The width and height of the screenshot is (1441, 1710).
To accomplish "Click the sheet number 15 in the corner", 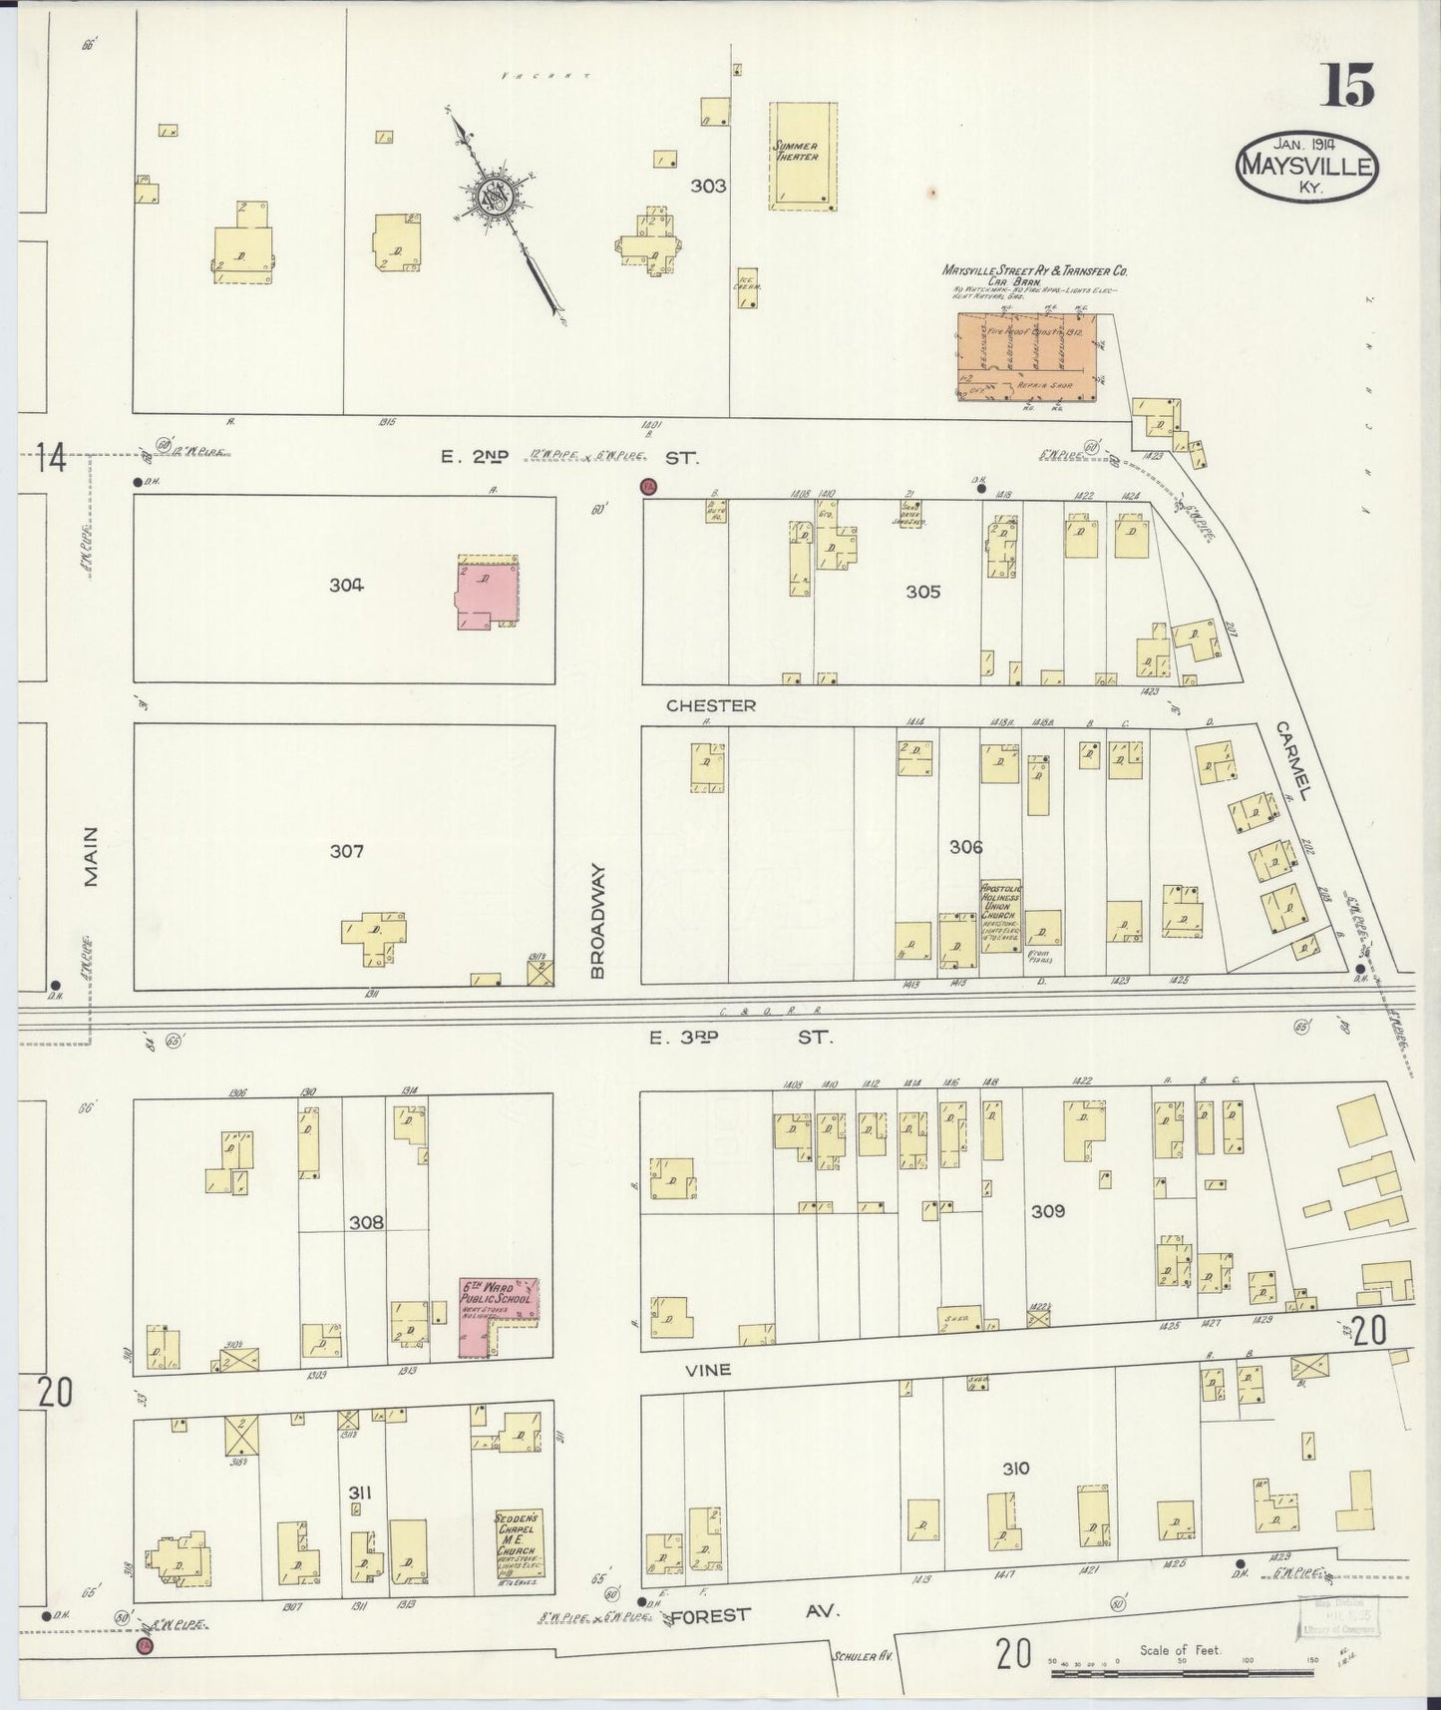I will coord(1347,86).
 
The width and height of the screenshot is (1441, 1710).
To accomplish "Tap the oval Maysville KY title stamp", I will coord(1307,166).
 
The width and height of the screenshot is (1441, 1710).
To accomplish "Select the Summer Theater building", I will coord(802,157).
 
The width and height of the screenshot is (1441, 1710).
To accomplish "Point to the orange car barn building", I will coord(1027,357).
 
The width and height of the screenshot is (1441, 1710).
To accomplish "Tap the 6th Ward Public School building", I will coord(498,1315).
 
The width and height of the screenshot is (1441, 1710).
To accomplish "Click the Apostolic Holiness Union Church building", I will coord(1000,914).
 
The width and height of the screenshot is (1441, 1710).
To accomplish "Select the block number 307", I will coord(346,851).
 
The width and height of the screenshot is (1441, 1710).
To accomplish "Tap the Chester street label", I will coord(710,705).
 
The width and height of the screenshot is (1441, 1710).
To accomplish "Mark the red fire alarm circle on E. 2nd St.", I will coord(648,487).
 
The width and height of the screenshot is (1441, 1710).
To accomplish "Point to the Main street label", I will coord(92,856).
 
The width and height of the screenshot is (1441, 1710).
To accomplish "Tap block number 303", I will coord(708,186).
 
